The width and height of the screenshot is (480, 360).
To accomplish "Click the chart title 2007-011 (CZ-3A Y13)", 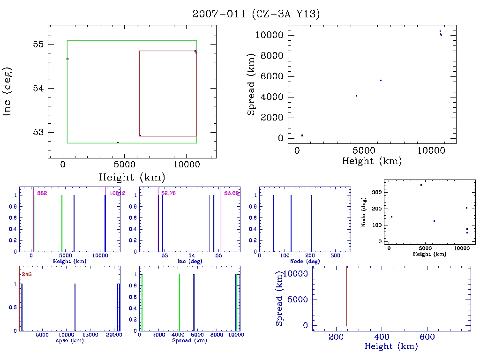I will click(x=256, y=14).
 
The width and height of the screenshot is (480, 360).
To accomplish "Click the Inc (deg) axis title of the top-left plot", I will click(x=7, y=91).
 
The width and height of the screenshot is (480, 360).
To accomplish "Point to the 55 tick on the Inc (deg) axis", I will click(x=38, y=45).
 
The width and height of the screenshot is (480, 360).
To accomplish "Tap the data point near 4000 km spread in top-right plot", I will click(x=356, y=96).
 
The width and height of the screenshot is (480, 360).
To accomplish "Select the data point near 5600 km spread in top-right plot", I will click(x=381, y=80).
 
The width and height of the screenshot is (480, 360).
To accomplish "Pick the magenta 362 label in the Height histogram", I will click(x=42, y=193).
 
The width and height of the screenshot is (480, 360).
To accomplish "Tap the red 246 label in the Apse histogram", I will click(x=26, y=275).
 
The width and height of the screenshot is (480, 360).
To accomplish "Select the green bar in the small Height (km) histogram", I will click(x=62, y=223).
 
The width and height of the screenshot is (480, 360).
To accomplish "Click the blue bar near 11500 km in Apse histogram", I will click(x=75, y=307).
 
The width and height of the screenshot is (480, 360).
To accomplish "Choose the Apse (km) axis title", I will click(x=69, y=340).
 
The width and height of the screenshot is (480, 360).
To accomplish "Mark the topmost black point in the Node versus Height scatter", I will click(x=421, y=185).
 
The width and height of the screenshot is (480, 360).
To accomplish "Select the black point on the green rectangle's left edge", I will click(x=67, y=59).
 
